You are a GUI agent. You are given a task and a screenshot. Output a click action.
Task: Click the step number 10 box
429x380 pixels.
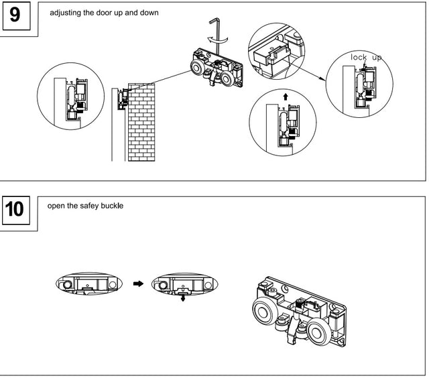[x=18, y=210]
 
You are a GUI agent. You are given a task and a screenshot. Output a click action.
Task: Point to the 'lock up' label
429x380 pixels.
[x=366, y=58]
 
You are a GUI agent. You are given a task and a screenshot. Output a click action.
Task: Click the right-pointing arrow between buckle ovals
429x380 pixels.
[x=139, y=283]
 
